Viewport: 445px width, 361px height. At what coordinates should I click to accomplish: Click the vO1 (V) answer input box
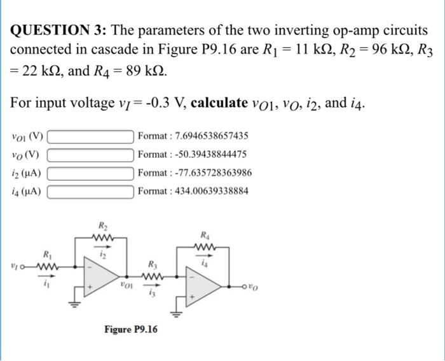[x=90, y=136]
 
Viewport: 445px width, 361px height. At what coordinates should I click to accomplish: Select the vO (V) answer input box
[x=90, y=154]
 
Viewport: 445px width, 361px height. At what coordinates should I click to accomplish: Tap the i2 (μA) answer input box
[x=90, y=173]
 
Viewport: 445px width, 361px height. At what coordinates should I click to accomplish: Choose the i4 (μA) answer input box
[x=90, y=191]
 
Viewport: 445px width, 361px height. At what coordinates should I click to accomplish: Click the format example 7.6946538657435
[x=193, y=136]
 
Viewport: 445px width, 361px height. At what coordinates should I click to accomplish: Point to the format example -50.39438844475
[x=192, y=154]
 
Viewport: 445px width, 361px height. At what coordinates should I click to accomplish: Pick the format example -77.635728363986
[x=195, y=173]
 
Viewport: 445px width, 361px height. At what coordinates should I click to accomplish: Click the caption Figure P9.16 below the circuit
[x=131, y=329]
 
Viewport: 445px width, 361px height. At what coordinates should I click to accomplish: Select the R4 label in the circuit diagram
[x=205, y=234]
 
